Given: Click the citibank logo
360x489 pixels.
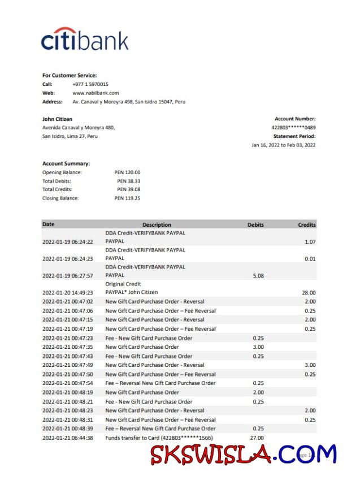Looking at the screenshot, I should [85, 40].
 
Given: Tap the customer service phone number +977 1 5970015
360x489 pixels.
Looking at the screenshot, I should [90, 84].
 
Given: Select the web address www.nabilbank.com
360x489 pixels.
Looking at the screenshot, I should [96, 93].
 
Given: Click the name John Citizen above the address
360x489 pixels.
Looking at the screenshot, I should [57, 119].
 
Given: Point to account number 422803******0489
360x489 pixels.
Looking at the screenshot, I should [293, 128].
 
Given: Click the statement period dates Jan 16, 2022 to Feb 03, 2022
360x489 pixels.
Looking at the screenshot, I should [283, 145].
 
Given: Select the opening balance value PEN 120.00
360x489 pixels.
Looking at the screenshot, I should [127, 172].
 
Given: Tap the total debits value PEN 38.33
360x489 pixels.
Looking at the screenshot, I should [128, 181].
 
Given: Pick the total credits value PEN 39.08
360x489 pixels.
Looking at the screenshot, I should [128, 189].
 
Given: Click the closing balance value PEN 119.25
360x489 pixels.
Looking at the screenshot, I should [127, 198].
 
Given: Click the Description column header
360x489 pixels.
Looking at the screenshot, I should [157, 224].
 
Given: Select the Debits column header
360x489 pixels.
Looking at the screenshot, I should [255, 224].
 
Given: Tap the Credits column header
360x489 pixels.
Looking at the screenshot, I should [307, 224].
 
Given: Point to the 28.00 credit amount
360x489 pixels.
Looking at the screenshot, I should [309, 292].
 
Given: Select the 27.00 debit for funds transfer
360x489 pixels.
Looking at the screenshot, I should [257, 438].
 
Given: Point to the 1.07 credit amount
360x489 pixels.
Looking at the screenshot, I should [309, 241].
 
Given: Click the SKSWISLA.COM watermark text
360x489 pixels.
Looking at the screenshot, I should [243, 454].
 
